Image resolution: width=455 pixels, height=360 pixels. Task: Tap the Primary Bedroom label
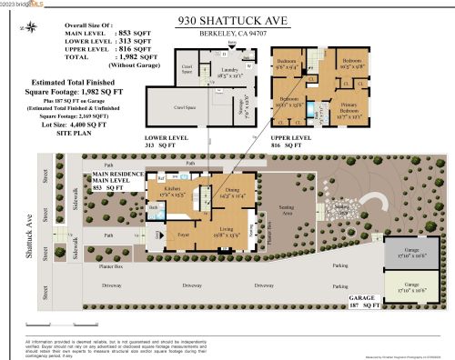pyautogui.click(x=351, y=111)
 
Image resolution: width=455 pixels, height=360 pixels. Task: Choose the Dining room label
pyautogui.click(x=219, y=192)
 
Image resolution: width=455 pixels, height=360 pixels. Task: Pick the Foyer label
pyautogui.click(x=181, y=234)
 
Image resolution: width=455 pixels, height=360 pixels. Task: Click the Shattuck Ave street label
pyautogui.click(x=29, y=238)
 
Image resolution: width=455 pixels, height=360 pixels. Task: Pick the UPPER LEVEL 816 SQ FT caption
pyautogui.click(x=314, y=142)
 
